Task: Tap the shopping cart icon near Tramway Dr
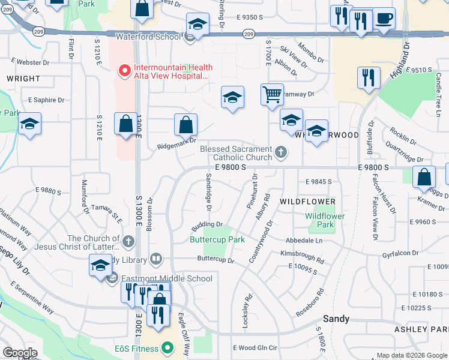coord(272,94)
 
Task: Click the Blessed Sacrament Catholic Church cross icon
coord(280,153)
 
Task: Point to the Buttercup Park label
coord(217,239)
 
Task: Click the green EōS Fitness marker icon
coord(169,347)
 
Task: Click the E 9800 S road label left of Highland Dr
coord(230,168)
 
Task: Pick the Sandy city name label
coord(336,319)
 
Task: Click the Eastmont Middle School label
coord(166,278)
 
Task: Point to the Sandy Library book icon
coord(156,259)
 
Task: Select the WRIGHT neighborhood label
coord(23,79)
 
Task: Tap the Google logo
coord(20,353)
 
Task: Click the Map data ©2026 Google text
coord(411,355)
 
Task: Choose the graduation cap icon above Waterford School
coord(197,24)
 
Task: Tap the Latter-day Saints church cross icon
coord(128,242)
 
